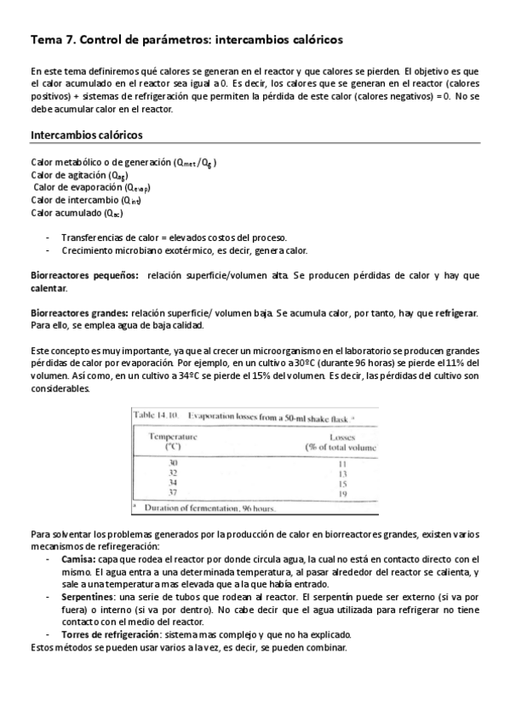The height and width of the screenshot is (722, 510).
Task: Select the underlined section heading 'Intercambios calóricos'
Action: coord(86,135)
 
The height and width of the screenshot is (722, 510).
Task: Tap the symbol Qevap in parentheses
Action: coord(137,188)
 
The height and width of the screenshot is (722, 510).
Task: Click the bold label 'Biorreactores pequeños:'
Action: coord(83,276)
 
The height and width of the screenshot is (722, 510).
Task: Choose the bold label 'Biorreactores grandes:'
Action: coord(79,313)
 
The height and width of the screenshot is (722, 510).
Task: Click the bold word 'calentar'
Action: coord(49,289)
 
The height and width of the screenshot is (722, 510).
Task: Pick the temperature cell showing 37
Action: coord(173,493)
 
